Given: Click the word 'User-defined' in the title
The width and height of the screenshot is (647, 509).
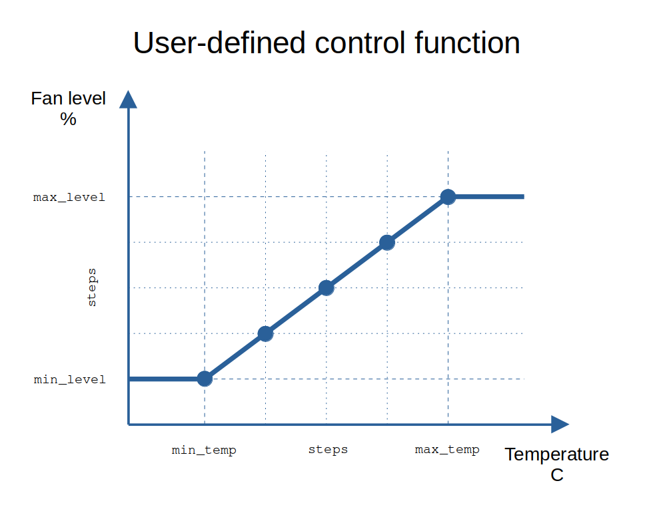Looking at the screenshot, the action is click(219, 43).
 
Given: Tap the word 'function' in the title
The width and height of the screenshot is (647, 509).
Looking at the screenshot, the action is click(467, 43).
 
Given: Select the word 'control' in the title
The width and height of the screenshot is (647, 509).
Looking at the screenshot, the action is click(359, 43).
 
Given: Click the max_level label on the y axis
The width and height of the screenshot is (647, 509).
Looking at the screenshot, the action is click(69, 198).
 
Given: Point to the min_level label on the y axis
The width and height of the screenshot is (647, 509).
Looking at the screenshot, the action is click(69, 379).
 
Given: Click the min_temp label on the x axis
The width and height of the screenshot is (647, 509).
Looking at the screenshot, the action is click(204, 450).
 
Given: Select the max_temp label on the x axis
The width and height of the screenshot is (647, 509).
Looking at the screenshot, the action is click(447, 450).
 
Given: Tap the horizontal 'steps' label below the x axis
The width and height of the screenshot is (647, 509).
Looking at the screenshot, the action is click(328, 450).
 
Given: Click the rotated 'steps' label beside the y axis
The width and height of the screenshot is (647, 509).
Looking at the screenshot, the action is click(92, 287).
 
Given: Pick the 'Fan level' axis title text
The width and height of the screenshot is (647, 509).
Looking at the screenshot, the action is click(68, 98).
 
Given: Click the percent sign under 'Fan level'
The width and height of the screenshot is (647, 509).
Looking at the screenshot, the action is click(68, 119).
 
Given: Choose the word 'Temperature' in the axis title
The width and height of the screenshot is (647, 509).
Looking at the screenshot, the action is click(556, 454).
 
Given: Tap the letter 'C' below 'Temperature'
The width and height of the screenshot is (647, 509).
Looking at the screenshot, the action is click(556, 475).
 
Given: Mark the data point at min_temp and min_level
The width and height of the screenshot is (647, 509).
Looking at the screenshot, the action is click(205, 379).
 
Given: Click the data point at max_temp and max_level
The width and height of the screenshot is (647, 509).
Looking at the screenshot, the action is click(448, 197).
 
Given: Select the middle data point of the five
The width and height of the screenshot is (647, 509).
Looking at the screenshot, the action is click(326, 287).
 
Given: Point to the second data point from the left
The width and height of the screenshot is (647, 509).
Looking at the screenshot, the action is click(265, 333).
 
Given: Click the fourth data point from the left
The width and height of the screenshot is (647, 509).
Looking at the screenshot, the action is click(387, 242).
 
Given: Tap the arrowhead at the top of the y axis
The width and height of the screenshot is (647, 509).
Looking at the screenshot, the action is click(129, 99).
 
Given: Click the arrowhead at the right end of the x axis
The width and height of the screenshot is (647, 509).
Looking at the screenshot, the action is click(560, 424).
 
